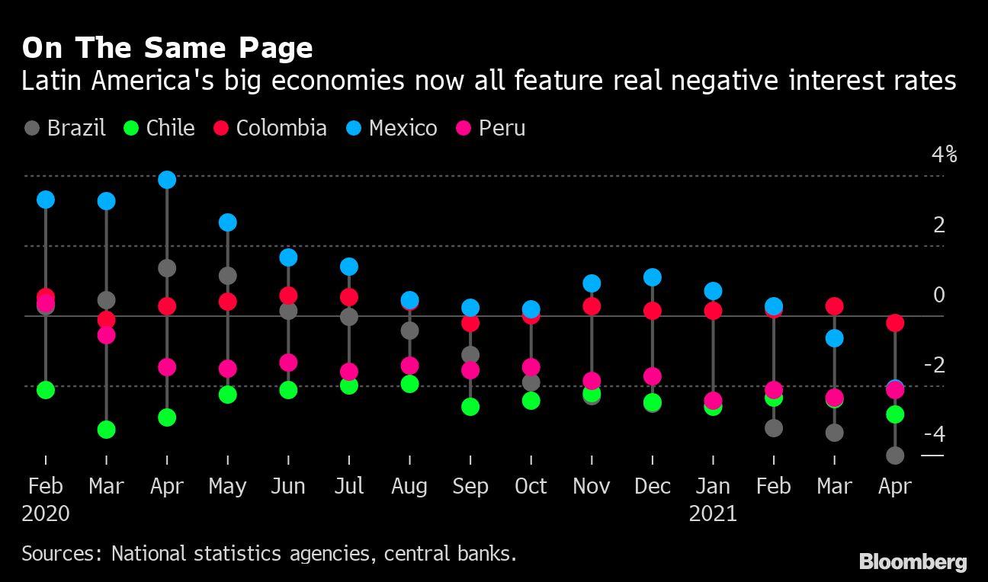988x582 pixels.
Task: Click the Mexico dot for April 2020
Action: coord(167,180)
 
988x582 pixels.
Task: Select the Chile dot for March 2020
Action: coord(106,430)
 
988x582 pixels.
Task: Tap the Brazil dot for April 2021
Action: coord(895,456)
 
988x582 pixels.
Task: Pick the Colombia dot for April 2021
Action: coord(895,323)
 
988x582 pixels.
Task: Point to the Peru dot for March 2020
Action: coord(106,335)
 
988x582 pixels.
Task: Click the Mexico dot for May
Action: coord(227,222)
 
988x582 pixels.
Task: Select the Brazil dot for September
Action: coord(470,355)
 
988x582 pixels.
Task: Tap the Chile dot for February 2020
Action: coord(46,390)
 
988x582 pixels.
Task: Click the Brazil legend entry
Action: coord(64,128)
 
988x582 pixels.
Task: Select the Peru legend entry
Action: coord(492,128)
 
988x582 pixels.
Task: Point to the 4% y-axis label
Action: coord(944,155)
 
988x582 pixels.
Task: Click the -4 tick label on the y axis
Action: coord(934,434)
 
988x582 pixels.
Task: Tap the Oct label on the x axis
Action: coord(531,486)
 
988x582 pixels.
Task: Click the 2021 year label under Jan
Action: coord(713,513)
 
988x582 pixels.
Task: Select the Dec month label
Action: coord(652,486)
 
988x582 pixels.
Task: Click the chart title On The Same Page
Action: coord(167,48)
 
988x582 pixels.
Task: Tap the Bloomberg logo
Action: coord(913,562)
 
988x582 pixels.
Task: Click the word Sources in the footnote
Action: coord(58,552)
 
